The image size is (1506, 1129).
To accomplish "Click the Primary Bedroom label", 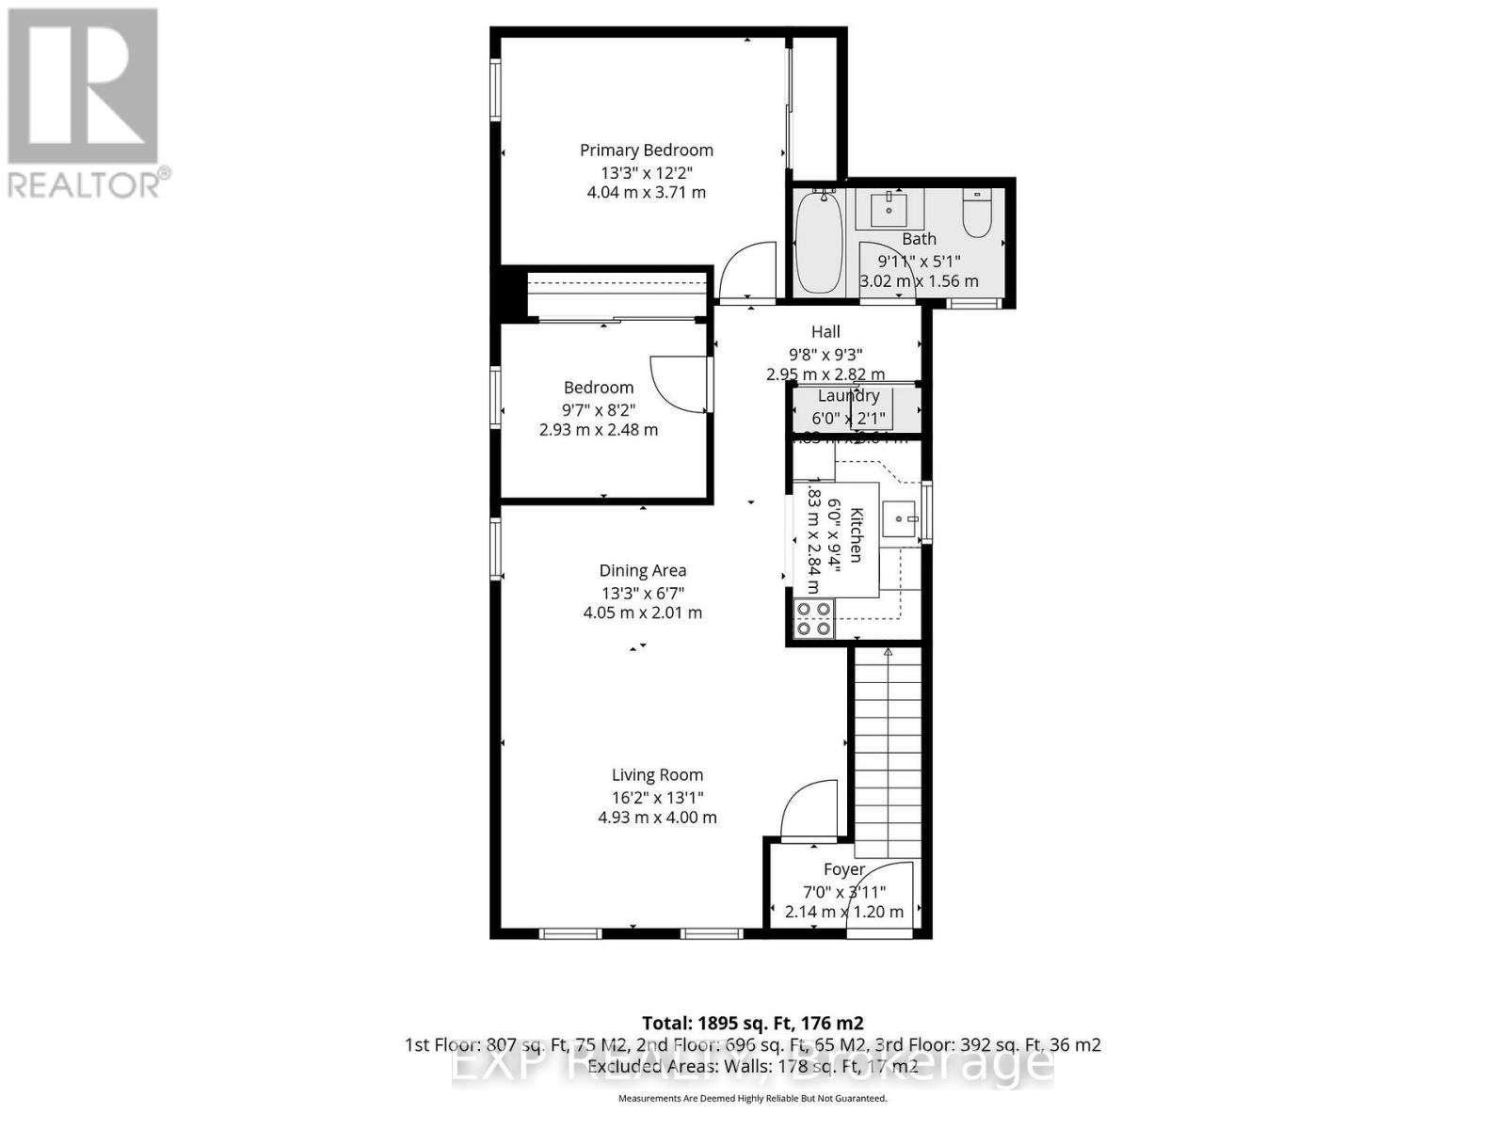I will pyautogui.click(x=646, y=151).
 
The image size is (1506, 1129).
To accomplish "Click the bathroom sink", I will pyautogui.click(x=889, y=209).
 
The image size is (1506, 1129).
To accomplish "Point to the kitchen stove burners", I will pyautogui.click(x=814, y=618).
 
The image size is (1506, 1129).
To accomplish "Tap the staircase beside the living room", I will pyautogui.click(x=887, y=743).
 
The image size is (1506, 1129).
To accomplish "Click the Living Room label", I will pyautogui.click(x=657, y=775).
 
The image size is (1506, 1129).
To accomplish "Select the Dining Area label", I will pyautogui.click(x=643, y=570).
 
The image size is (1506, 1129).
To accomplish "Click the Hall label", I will pyautogui.click(x=825, y=331).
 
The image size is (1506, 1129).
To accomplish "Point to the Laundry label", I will pyautogui.click(x=848, y=396).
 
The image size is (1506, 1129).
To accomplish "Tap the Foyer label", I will pyautogui.click(x=843, y=869).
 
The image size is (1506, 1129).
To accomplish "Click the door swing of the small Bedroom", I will pyautogui.click(x=680, y=382).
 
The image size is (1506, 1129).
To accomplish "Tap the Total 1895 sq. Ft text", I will pyautogui.click(x=752, y=1023).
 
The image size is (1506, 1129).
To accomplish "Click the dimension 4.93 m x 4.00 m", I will pyautogui.click(x=657, y=818).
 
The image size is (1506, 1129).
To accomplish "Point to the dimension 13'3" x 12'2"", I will pyautogui.click(x=646, y=173).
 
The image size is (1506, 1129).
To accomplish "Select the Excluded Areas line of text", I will pyautogui.click(x=752, y=1066).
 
